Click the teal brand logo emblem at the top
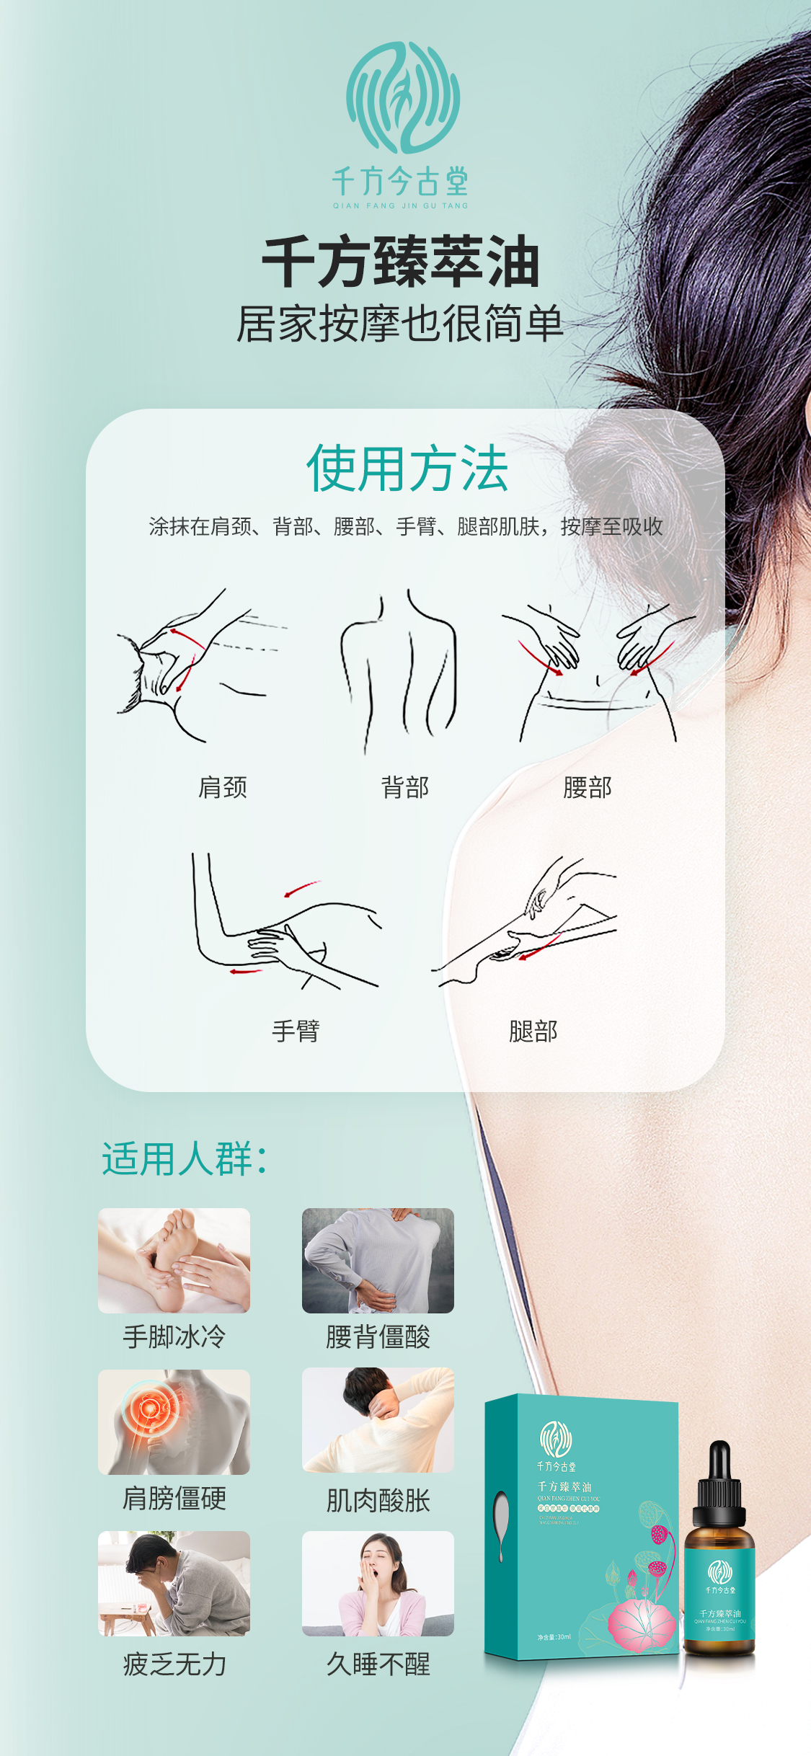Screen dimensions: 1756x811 (402, 97)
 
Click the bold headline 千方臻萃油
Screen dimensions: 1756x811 (401, 262)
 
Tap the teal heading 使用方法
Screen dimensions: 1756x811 (407, 469)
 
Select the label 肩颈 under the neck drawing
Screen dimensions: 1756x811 (223, 787)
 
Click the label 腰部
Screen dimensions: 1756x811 (588, 787)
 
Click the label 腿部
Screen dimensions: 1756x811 (533, 1031)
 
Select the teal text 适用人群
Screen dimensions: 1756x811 (184, 1159)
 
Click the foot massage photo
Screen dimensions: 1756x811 (174, 1260)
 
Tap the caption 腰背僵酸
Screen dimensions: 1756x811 (378, 1337)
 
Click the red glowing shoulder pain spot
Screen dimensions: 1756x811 (150, 1407)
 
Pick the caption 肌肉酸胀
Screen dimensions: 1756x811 (378, 1501)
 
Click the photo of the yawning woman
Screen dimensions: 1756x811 (378, 1583)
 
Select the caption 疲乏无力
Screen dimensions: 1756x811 (174, 1664)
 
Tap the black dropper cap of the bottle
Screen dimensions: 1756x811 (719, 1478)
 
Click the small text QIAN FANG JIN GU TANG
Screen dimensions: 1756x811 (400, 205)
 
